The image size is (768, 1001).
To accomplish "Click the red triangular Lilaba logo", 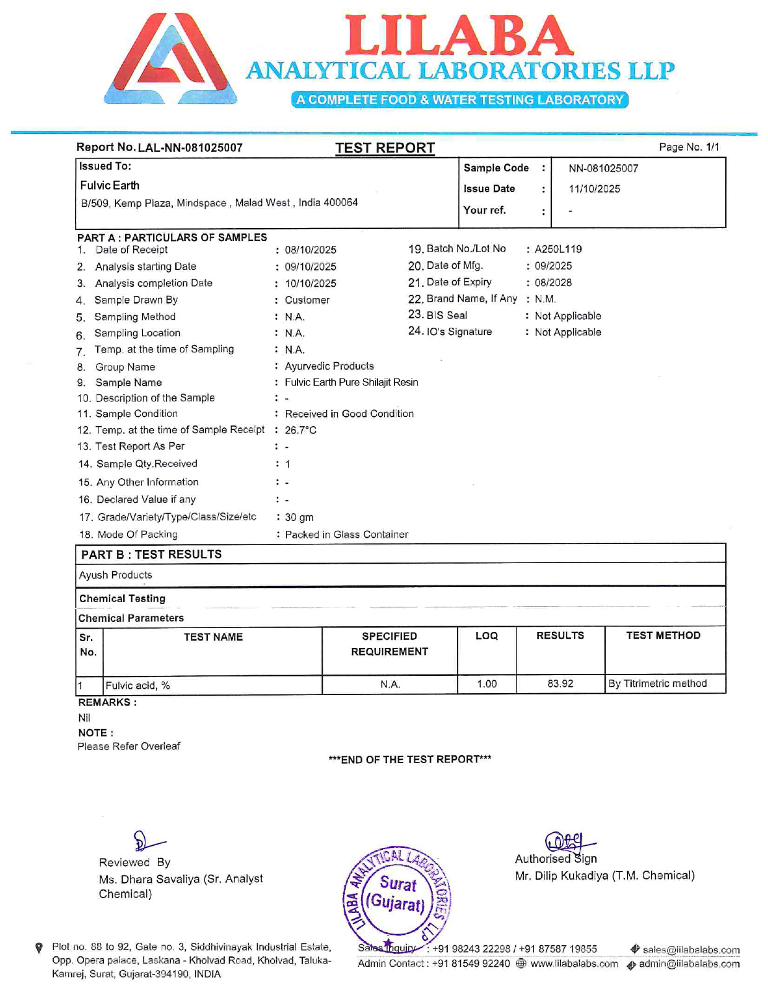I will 171,59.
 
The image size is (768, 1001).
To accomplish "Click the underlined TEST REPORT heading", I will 385,148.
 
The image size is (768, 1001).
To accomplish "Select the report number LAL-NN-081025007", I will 190,148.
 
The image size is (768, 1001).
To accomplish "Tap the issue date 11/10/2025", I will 594,189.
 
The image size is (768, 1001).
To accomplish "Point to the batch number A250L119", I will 558,249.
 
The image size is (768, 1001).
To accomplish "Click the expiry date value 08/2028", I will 553,282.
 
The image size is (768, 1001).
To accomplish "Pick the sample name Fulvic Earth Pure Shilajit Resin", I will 351,382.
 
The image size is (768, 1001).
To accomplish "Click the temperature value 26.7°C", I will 300,430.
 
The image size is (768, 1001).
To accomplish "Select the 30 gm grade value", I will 299,517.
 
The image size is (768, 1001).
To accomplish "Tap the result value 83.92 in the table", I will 560,684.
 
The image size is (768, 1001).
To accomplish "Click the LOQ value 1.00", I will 487,684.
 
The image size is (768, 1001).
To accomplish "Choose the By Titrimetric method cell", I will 657,684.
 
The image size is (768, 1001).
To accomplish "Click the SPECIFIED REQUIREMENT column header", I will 389,644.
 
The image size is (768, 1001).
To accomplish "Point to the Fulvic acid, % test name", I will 137,686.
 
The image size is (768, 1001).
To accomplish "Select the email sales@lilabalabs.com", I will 691,950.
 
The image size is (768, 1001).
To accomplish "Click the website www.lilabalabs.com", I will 574,964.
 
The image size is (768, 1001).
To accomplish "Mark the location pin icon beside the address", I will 39,948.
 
